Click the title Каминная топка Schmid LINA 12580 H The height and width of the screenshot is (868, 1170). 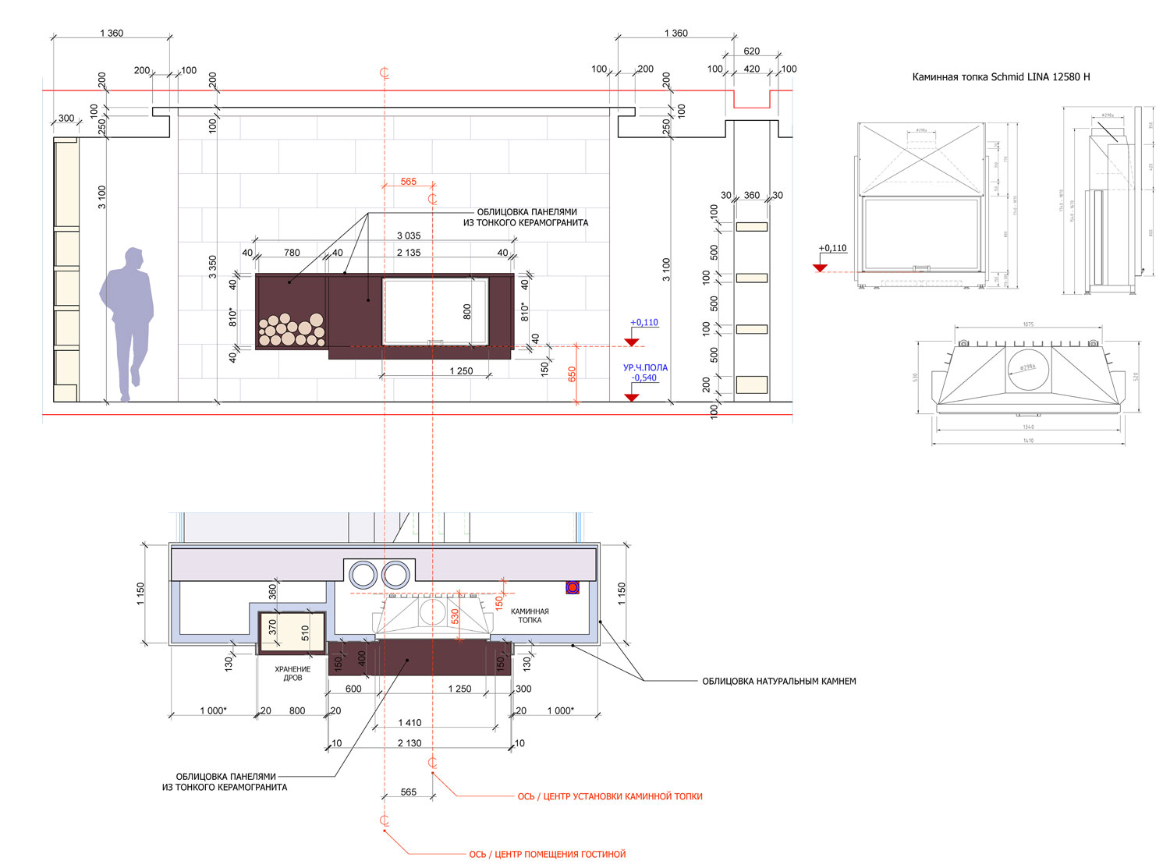[x=1001, y=77]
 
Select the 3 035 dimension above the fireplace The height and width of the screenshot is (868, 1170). [x=409, y=236]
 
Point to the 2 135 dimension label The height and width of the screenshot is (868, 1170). [x=409, y=253]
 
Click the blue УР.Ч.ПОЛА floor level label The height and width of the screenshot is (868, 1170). [x=645, y=367]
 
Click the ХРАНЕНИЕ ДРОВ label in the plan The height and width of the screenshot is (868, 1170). [x=292, y=674]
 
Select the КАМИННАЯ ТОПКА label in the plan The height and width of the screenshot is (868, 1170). [x=530, y=616]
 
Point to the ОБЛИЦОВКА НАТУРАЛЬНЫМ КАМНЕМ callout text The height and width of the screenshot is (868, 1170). [x=778, y=682]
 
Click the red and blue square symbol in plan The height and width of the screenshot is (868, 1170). [x=573, y=587]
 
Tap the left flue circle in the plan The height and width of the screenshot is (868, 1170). [x=363, y=575]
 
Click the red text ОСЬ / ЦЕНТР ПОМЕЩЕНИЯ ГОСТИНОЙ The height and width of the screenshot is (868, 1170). [x=547, y=855]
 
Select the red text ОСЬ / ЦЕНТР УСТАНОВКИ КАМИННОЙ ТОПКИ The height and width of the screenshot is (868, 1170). [x=610, y=797]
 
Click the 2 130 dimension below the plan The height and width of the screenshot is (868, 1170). [x=409, y=743]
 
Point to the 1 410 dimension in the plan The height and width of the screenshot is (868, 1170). [x=409, y=723]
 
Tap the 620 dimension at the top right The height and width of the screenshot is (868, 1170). [x=751, y=51]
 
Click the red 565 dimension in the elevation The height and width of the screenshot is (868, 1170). [x=409, y=182]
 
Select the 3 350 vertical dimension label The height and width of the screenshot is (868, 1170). [x=213, y=266]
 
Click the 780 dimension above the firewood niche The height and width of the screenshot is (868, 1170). [x=292, y=253]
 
